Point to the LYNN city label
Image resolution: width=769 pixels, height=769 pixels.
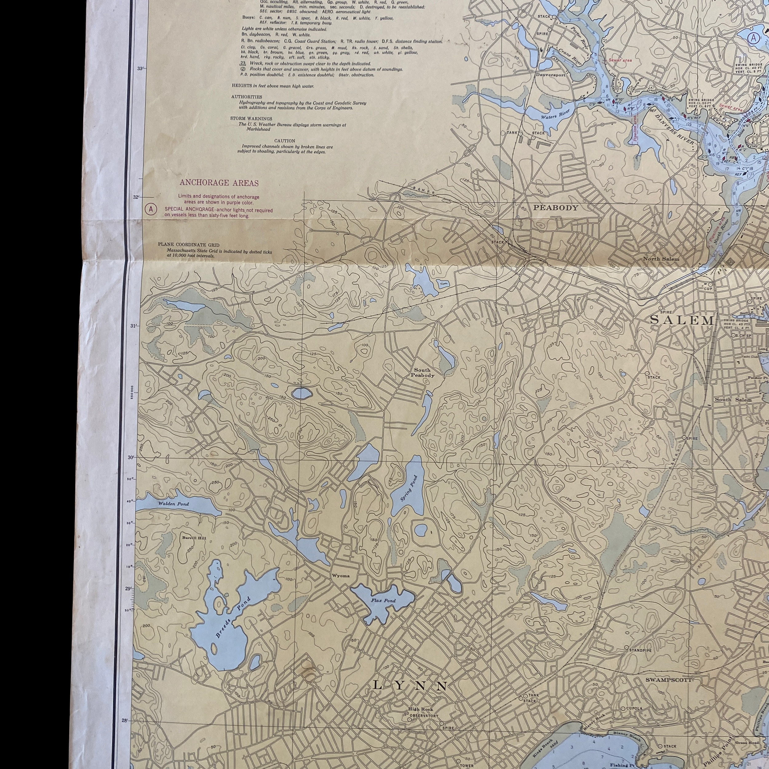pyautogui.click(x=410, y=685)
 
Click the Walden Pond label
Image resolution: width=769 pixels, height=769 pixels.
pyautogui.click(x=173, y=504)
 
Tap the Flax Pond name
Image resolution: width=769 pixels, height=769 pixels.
pyautogui.click(x=383, y=600)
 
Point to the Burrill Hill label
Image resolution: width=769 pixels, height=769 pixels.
pyautogui.click(x=194, y=538)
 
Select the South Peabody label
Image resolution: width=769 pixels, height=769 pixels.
pyautogui.click(x=422, y=373)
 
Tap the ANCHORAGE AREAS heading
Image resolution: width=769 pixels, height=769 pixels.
pyautogui.click(x=219, y=183)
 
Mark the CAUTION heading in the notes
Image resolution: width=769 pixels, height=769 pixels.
pyautogui.click(x=285, y=141)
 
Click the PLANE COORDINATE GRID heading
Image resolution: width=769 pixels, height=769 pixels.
pyautogui.click(x=188, y=245)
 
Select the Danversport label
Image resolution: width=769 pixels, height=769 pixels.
pyautogui.click(x=550, y=75)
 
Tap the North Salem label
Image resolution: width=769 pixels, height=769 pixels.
pyautogui.click(x=661, y=259)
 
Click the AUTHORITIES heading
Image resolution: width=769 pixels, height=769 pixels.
pyautogui.click(x=247, y=97)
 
